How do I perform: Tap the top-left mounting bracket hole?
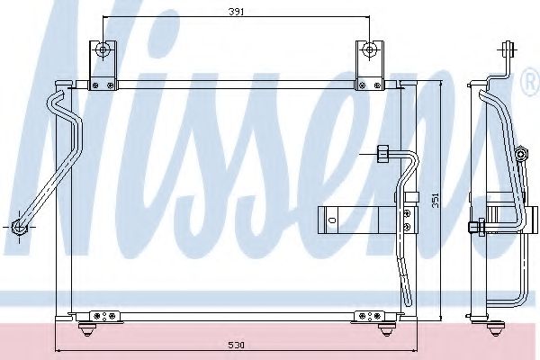tap(105, 49)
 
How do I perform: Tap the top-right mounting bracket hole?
tap(367, 49)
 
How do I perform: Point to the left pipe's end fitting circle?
tap(19, 227)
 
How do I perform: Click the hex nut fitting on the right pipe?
tap(382, 154)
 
